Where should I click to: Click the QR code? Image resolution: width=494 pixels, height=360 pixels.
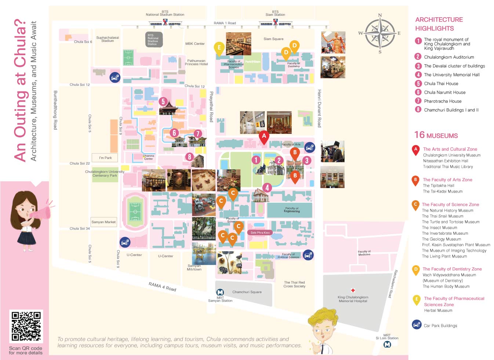(x=26, y=326)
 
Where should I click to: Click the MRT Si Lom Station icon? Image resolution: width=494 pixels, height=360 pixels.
(x=387, y=345)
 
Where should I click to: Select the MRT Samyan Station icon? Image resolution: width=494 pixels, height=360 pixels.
(x=220, y=292)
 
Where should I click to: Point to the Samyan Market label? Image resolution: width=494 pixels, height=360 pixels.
(x=103, y=222)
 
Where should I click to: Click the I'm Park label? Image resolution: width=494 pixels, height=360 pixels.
(x=105, y=158)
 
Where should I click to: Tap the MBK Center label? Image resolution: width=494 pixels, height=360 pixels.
(x=195, y=44)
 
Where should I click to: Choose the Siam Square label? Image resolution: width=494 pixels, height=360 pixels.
(x=273, y=39)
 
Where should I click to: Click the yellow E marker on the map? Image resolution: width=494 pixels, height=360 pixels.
(x=219, y=48)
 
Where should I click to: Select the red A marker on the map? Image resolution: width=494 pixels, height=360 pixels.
(x=264, y=137)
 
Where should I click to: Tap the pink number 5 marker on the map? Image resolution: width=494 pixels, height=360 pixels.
(x=163, y=102)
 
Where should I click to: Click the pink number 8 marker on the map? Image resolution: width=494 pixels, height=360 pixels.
(x=189, y=157)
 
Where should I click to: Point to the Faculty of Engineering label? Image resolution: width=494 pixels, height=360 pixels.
(x=292, y=210)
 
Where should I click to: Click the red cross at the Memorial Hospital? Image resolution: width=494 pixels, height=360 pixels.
(x=353, y=290)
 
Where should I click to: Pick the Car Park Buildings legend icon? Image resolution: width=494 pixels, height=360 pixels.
(x=417, y=325)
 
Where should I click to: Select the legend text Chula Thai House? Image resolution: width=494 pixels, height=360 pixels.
(x=441, y=84)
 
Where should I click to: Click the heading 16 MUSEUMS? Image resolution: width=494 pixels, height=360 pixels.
(x=436, y=135)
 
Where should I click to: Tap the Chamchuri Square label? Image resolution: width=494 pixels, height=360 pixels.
(x=247, y=292)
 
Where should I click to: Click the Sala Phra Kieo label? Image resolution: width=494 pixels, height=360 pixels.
(x=260, y=233)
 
